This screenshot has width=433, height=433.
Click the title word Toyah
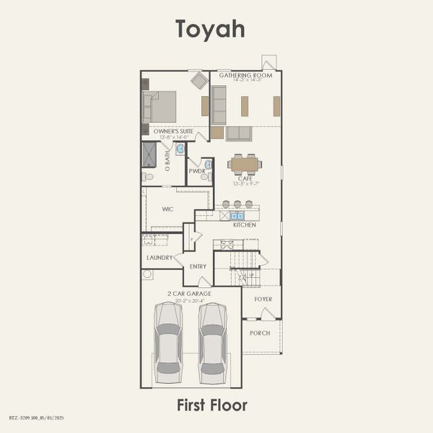[x=210, y=29]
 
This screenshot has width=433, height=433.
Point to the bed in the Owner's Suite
[x=160, y=106]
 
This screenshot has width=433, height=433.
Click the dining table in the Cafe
[x=245, y=164]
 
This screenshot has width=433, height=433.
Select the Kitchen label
[x=244, y=224]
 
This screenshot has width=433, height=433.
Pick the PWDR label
[x=196, y=171]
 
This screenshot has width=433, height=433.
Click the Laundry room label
[x=159, y=258]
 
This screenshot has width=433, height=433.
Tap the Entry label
[x=198, y=266]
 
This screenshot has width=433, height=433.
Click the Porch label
[x=260, y=333]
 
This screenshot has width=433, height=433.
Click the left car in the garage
[x=168, y=341]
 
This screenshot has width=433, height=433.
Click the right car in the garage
[x=213, y=341]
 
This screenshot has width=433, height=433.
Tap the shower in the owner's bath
[x=149, y=154]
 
